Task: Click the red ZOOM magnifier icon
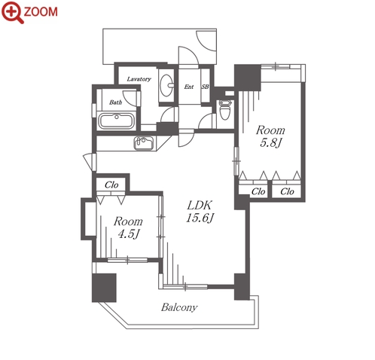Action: [13, 12]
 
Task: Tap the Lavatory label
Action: [139, 79]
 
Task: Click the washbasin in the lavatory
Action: [166, 85]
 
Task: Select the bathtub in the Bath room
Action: [116, 121]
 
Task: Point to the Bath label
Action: [115, 102]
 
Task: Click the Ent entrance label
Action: [189, 87]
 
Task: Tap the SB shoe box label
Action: [205, 87]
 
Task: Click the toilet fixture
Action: [224, 109]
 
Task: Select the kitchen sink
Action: [144, 144]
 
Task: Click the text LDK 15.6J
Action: [200, 212]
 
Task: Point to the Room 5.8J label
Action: [270, 136]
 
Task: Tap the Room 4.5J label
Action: [128, 227]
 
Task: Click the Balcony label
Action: [179, 307]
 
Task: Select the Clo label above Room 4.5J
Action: [111, 185]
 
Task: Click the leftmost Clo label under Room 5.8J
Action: [258, 191]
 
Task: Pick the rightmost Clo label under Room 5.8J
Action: [287, 191]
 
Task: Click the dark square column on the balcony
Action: [104, 288]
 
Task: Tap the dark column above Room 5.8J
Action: [248, 78]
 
